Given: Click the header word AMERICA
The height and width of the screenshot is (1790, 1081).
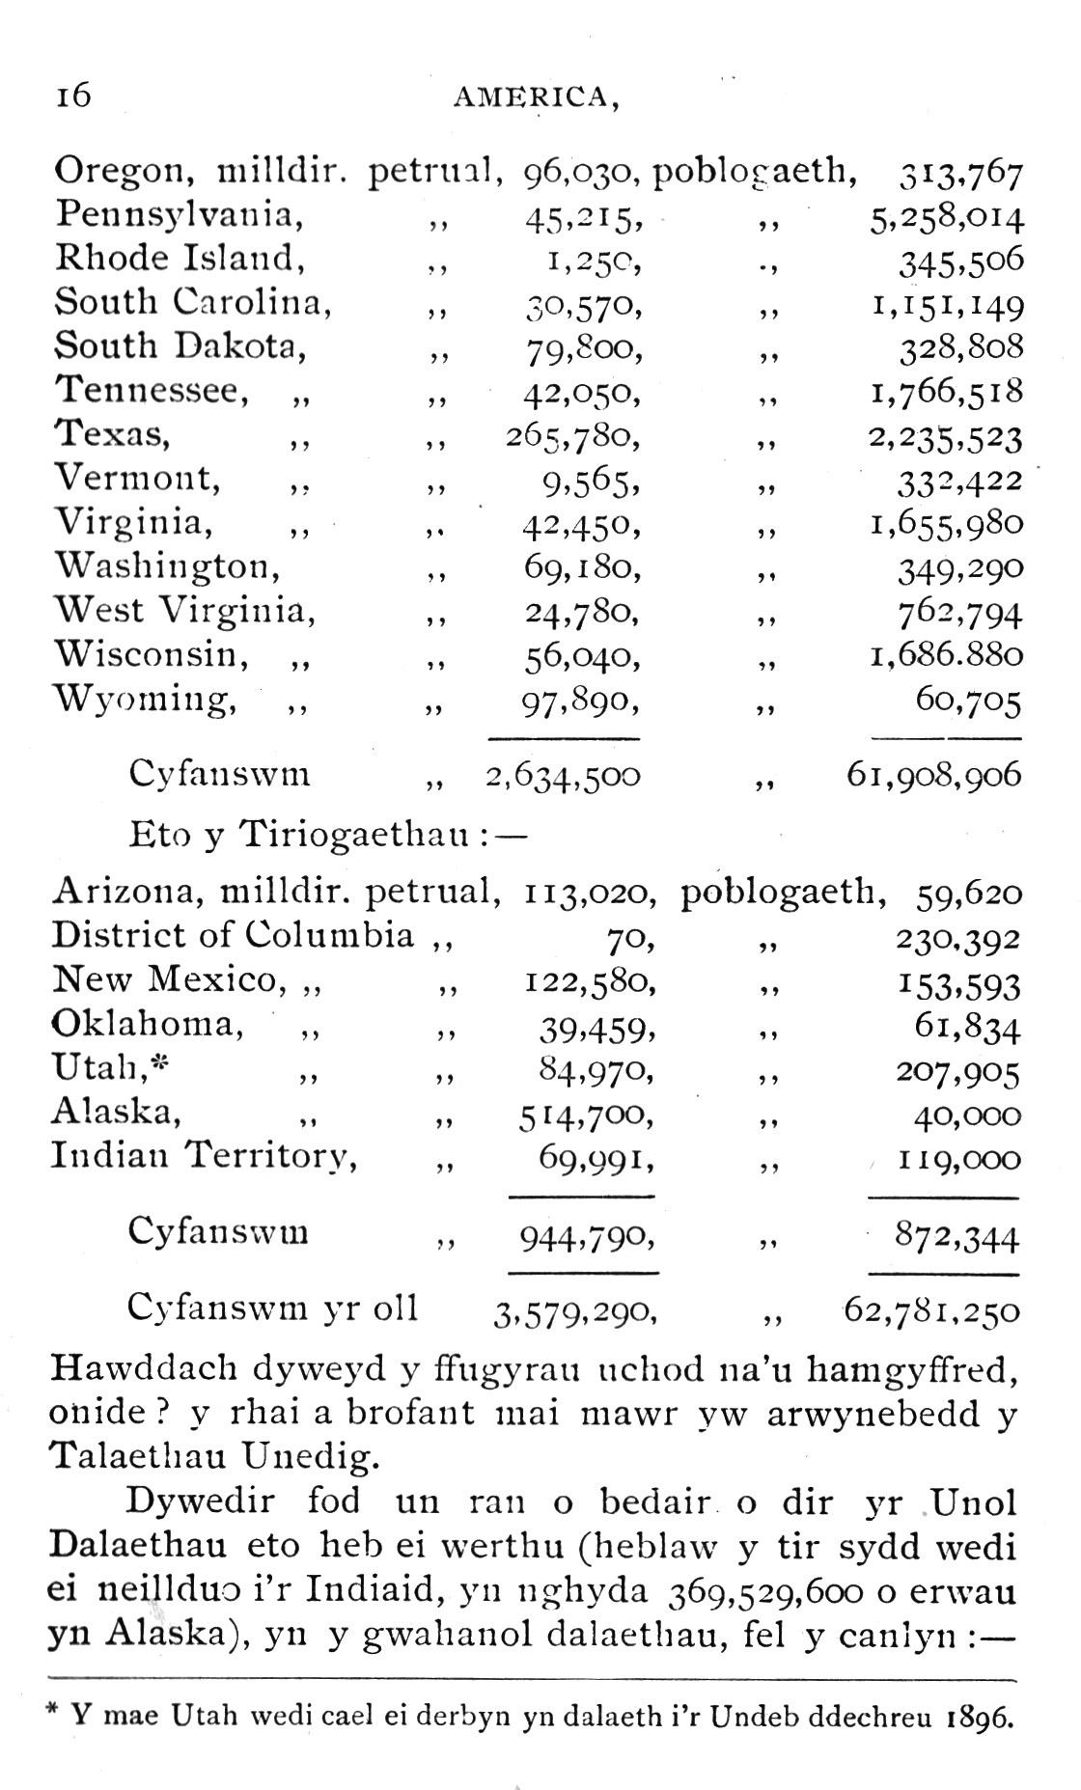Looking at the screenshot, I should coord(535,96).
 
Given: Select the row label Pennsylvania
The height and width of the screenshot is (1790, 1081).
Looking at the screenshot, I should coord(179,214).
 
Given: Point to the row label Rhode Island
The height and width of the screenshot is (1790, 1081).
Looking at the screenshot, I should coord(174,258).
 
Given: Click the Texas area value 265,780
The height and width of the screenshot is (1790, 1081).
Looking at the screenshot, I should coord(573,438).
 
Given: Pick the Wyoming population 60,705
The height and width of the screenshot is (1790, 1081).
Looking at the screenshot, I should coord(968,702).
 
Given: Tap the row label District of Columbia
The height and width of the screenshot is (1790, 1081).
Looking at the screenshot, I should coord(233,935).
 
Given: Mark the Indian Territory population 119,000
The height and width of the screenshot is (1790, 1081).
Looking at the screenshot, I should coord(958,1160).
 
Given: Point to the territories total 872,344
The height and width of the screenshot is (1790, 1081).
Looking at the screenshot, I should coord(956,1237).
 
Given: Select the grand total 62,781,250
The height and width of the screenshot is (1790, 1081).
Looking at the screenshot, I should coord(931,1311).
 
